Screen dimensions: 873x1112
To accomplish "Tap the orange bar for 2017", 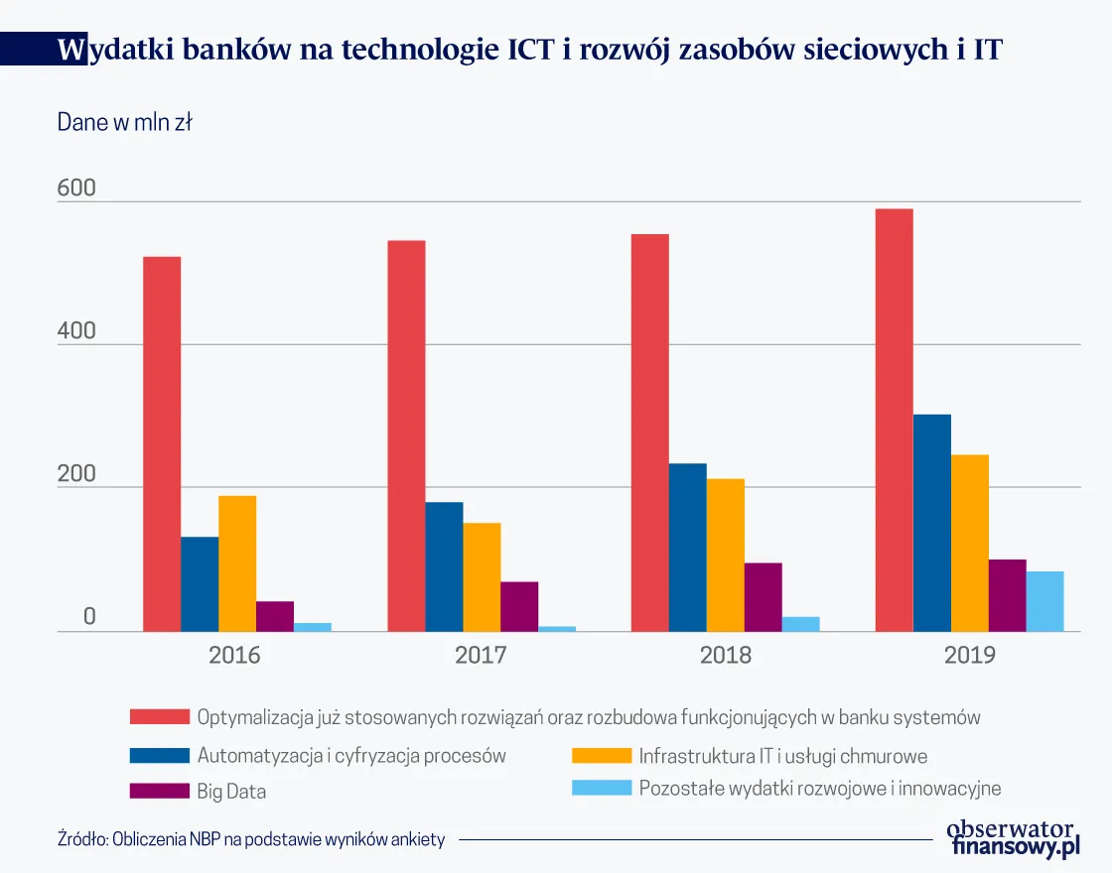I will click(x=482, y=576).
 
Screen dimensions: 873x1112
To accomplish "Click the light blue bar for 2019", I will click(x=1044, y=601).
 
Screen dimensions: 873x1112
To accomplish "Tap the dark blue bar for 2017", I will click(x=444, y=566).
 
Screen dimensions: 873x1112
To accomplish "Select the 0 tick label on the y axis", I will click(x=88, y=617).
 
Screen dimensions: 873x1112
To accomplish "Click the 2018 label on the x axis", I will click(x=726, y=656).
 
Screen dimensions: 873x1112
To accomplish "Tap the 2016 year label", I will click(x=234, y=656).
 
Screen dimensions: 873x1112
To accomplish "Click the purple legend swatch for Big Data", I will click(x=159, y=791).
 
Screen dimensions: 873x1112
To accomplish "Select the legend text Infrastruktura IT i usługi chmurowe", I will click(x=783, y=756).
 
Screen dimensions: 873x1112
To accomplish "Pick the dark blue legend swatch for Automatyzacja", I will click(x=159, y=755).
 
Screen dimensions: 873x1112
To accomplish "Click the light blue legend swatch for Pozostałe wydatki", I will click(x=602, y=789).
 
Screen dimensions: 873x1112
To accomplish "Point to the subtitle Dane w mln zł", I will click(x=124, y=123).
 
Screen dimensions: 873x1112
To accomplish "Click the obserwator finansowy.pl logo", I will click(x=1012, y=838).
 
